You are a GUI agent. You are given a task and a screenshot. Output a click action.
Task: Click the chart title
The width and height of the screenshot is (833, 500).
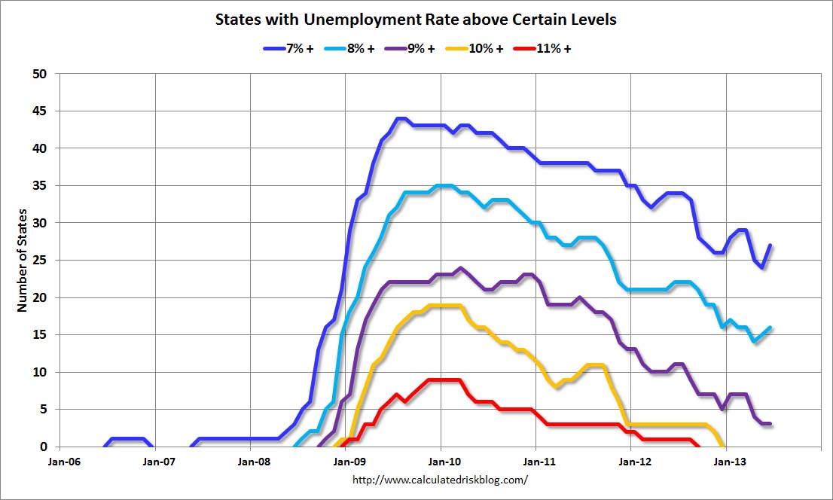point(416,20)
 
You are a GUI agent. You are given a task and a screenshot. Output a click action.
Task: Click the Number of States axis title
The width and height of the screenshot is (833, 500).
point(22,261)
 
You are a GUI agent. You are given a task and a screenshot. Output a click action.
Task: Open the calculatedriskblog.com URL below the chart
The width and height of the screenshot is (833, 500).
point(441,479)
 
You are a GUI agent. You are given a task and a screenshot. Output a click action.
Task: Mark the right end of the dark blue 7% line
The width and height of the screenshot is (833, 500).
point(771,245)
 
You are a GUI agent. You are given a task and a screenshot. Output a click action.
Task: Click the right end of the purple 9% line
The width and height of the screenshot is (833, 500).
point(770,424)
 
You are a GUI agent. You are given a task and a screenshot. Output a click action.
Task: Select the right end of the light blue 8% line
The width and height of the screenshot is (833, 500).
point(770,328)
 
